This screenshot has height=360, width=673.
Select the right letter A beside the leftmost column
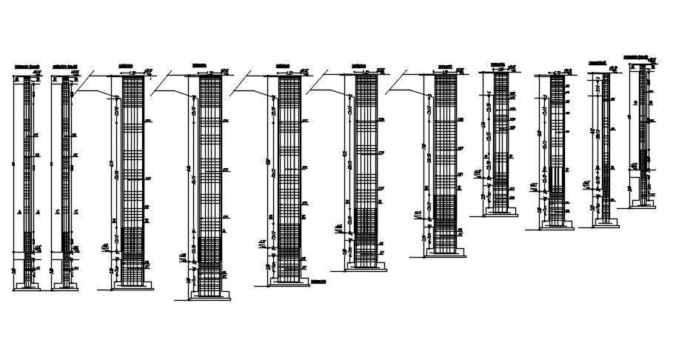37,212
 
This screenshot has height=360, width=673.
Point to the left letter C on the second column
57,212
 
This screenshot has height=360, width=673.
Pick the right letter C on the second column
76,212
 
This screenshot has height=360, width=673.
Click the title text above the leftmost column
27,67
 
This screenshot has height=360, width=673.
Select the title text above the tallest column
198,66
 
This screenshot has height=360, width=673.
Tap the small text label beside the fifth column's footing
319,281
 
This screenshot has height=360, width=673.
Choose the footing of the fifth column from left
289,281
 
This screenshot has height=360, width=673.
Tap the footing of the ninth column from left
556,224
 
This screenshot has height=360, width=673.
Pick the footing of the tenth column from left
606,224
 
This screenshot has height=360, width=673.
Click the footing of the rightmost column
643,203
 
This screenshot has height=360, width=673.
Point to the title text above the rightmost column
636,56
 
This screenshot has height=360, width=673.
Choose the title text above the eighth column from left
497,65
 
